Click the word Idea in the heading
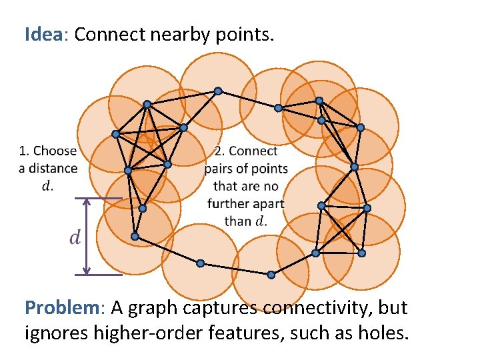(43, 35)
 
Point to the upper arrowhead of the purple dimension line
(86, 202)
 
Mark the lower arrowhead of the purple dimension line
(86, 270)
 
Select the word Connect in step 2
(253, 151)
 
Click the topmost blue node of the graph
(217, 91)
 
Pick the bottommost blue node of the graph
(271, 275)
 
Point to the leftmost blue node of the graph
(115, 134)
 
